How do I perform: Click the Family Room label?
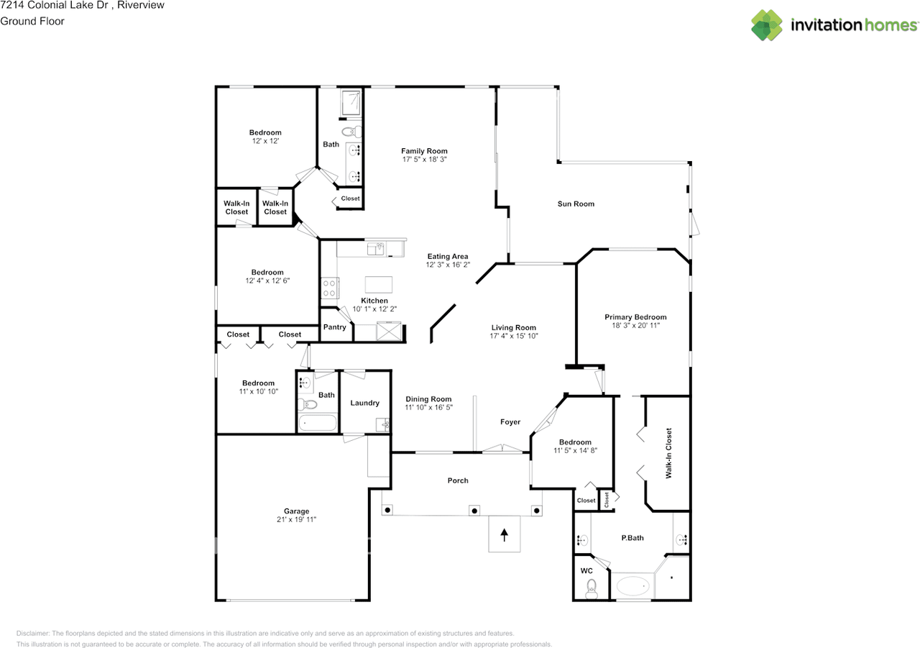click(x=424, y=151)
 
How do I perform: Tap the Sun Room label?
click(x=576, y=204)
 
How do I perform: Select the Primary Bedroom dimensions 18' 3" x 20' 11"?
click(x=635, y=326)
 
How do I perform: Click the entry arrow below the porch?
click(x=504, y=534)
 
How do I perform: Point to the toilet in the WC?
click(x=592, y=588)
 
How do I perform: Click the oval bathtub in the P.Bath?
click(x=632, y=586)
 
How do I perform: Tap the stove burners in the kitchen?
click(x=329, y=288)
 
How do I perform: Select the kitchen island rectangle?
click(x=378, y=283)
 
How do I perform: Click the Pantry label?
click(x=334, y=327)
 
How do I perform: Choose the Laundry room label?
click(x=364, y=403)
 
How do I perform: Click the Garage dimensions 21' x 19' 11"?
click(x=296, y=519)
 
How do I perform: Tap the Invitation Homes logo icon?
click(x=767, y=25)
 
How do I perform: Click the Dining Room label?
click(x=428, y=399)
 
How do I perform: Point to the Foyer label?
click(x=510, y=422)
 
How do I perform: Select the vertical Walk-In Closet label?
click(x=668, y=453)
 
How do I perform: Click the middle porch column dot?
click(x=474, y=510)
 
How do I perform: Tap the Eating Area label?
click(x=448, y=257)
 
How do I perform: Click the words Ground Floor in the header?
click(x=32, y=21)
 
